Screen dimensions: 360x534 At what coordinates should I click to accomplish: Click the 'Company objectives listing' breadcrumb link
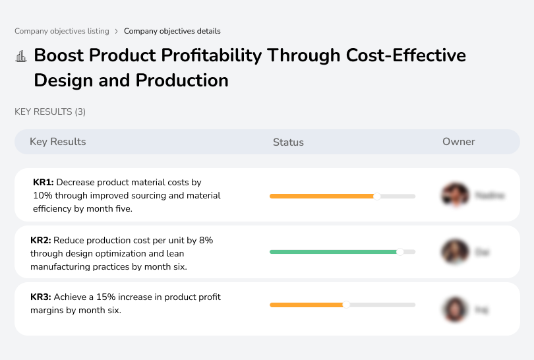62,31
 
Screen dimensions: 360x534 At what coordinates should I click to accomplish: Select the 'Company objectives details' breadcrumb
172,31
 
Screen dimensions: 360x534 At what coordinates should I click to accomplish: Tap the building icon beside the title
21,56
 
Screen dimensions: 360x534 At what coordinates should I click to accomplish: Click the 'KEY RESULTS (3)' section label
50,112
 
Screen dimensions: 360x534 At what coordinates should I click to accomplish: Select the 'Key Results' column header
57,142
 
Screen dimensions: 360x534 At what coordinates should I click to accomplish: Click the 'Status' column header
288,142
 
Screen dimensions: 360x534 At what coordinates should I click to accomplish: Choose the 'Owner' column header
458,142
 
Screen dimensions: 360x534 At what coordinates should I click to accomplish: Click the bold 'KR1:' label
44,182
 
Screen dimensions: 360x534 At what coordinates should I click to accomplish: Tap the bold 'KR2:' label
41,241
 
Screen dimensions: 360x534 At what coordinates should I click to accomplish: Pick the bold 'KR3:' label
41,297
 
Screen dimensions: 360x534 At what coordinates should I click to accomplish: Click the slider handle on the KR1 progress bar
377,196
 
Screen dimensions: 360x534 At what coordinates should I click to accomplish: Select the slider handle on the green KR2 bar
400,252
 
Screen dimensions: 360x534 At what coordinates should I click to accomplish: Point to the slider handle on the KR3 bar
346,305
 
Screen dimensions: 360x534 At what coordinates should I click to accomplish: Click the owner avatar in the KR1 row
454,195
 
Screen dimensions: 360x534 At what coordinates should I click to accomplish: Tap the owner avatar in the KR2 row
454,252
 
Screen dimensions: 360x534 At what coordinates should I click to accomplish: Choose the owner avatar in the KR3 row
454,309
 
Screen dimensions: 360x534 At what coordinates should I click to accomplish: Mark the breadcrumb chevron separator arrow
117,31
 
